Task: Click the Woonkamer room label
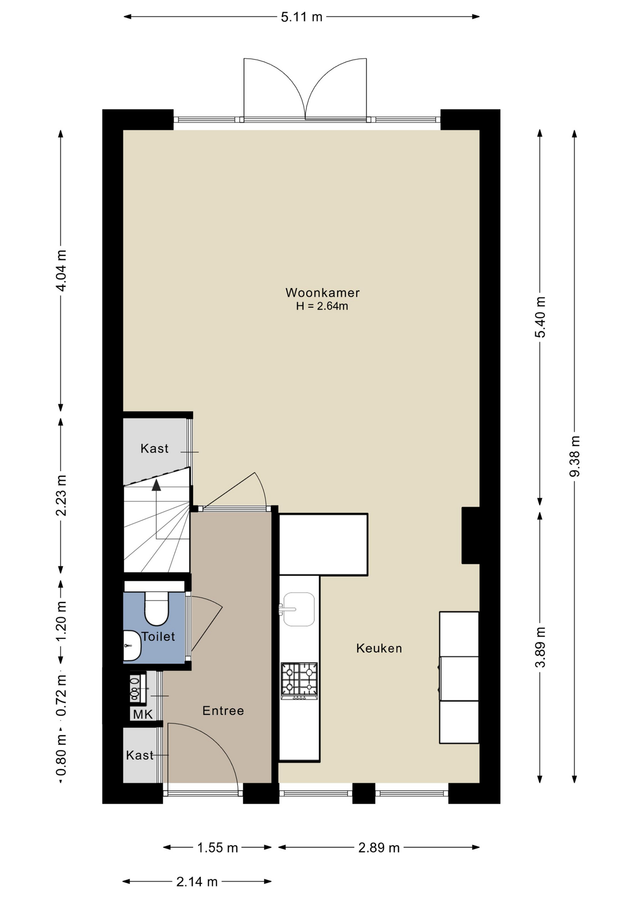[x=322, y=293]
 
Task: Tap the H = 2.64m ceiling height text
[x=322, y=306]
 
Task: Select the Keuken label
[x=379, y=648]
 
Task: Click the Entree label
[x=223, y=711]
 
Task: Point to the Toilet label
[x=158, y=637]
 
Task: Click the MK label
[x=143, y=715]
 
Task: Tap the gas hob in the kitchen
[x=299, y=681]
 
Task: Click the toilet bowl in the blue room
[x=156, y=608]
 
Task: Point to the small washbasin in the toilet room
[x=132, y=646]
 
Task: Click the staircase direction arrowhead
[x=157, y=485]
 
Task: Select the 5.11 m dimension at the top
[x=302, y=17]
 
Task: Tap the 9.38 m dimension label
[x=575, y=456]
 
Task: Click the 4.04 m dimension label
[x=61, y=270]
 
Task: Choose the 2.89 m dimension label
[x=379, y=848]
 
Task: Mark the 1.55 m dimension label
[x=217, y=848]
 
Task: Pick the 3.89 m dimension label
[x=540, y=648]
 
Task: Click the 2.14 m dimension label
[x=197, y=882]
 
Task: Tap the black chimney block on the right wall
[x=471, y=536]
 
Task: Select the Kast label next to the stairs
[x=154, y=449]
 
